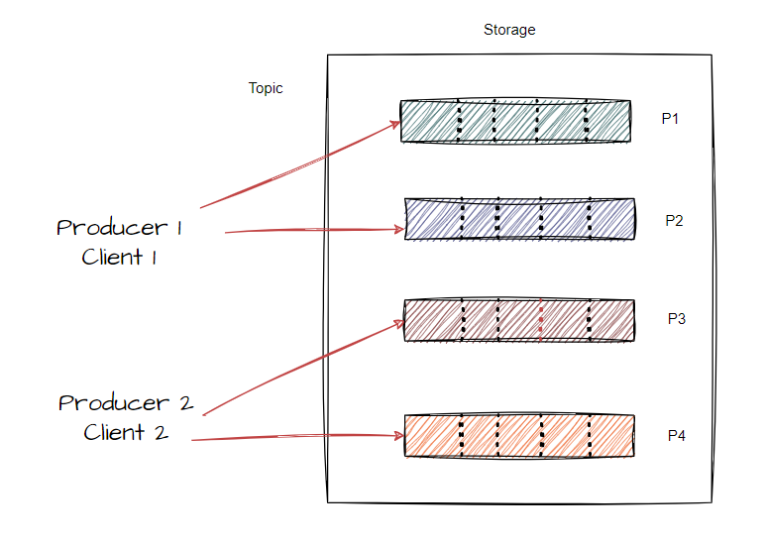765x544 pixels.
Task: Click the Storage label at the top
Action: (509, 30)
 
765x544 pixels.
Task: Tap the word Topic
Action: (266, 88)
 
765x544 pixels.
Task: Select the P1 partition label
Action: (670, 119)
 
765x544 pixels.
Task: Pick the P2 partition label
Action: (674, 220)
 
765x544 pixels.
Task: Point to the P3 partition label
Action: (677, 319)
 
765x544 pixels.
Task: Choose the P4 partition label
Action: (677, 435)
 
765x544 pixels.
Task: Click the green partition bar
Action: (515, 121)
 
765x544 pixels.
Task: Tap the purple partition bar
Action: (519, 218)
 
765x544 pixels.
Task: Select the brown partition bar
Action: (517, 320)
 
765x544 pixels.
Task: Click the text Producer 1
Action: (120, 228)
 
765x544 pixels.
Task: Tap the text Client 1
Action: (119, 258)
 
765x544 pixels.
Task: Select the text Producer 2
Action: (125, 403)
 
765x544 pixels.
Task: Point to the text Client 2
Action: (126, 433)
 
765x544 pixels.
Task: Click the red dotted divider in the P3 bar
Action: (541, 320)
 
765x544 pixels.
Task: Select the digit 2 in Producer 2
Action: (184, 403)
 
